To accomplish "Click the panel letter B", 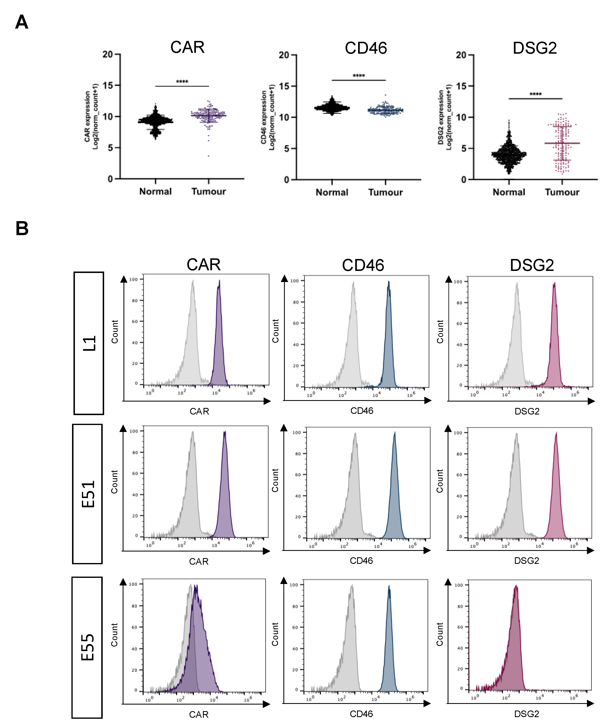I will coord(22,229).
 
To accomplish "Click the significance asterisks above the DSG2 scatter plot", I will coord(535,94).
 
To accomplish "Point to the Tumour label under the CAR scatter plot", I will coord(208,191).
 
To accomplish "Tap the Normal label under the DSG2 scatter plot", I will coord(509,192).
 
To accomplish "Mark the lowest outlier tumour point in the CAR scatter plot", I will coord(208,156).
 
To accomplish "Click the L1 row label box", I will coord(89,343).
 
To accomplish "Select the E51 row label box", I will coord(87,494).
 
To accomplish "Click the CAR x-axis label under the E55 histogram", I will coord(199,714).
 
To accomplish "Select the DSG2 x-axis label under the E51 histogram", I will coord(526,561).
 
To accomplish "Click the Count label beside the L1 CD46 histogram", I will coord(275,331).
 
